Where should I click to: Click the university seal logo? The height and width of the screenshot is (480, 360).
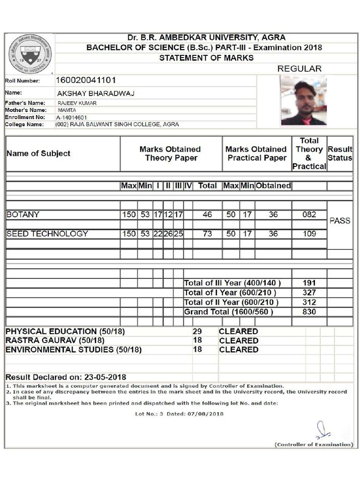point(30,54)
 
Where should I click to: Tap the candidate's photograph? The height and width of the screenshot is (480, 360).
point(303,100)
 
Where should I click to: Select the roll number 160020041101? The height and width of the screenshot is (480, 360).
point(86,81)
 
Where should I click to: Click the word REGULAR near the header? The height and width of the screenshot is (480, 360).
point(300,68)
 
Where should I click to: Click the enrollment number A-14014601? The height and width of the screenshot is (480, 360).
point(72,117)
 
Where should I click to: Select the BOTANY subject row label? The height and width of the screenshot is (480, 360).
point(23,215)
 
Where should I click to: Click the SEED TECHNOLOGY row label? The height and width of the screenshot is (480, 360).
point(47,233)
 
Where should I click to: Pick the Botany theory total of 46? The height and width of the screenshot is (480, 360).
point(207,215)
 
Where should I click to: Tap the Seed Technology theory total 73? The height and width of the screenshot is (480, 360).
point(207,233)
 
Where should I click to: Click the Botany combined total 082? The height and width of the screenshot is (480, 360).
point(309,215)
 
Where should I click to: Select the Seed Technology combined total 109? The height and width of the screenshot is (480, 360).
point(309,233)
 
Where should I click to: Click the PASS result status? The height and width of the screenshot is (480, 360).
point(340,221)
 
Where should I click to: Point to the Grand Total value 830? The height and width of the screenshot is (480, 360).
point(309,312)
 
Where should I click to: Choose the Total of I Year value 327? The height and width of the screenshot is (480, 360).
point(309,292)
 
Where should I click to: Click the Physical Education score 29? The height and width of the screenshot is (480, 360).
point(197,331)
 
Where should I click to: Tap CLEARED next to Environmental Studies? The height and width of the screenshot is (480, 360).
point(239,350)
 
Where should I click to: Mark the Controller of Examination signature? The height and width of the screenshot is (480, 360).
point(322,429)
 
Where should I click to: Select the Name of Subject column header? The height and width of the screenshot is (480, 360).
point(38,153)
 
